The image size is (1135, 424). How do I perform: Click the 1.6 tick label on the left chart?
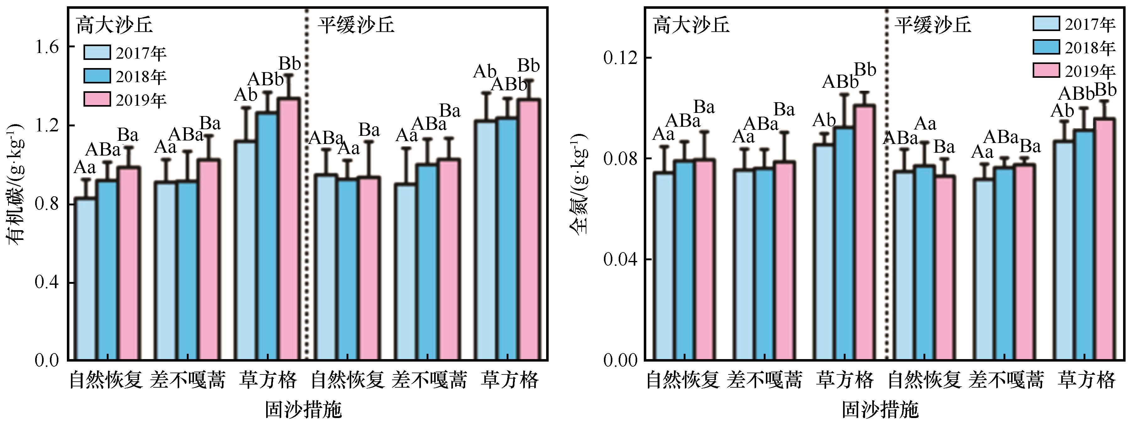click(x=47, y=47)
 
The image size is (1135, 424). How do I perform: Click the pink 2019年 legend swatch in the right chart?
click(x=1046, y=71)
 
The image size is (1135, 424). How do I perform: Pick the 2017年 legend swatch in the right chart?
click(x=1046, y=23)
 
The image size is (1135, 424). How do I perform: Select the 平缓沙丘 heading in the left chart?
click(x=356, y=25)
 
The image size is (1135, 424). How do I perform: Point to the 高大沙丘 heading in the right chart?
click(x=691, y=25)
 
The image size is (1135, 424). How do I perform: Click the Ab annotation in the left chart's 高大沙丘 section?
click(x=245, y=95)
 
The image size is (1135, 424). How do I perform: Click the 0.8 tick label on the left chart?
click(x=47, y=204)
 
